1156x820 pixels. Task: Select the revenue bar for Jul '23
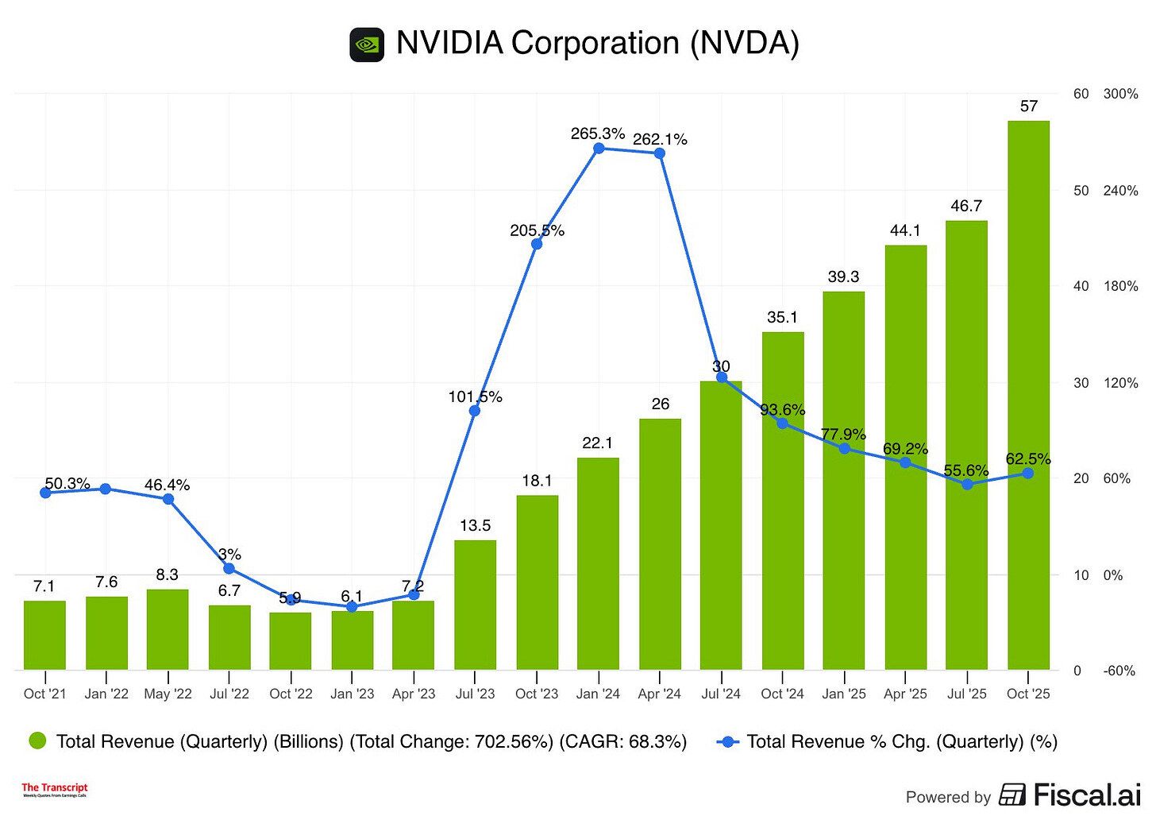click(x=475, y=605)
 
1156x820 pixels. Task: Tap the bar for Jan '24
click(x=598, y=563)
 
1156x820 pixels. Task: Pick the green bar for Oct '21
click(x=44, y=635)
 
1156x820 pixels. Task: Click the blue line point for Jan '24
click(x=599, y=149)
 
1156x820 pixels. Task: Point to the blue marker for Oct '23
click(x=537, y=244)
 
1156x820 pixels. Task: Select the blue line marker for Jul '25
click(x=967, y=484)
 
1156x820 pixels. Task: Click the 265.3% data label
click(x=597, y=133)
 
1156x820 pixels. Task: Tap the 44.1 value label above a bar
click(x=905, y=230)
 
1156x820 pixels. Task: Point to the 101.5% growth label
click(x=475, y=396)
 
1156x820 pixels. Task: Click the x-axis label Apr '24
click(x=660, y=694)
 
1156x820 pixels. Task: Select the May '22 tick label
click(x=168, y=694)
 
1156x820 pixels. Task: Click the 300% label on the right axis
click(x=1120, y=94)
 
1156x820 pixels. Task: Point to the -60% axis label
click(x=1119, y=671)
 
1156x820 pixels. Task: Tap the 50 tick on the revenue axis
click(x=1081, y=191)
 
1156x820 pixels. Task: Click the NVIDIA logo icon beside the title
click(x=367, y=44)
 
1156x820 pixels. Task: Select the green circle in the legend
click(x=37, y=741)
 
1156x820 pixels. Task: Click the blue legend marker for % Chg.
click(x=727, y=741)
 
